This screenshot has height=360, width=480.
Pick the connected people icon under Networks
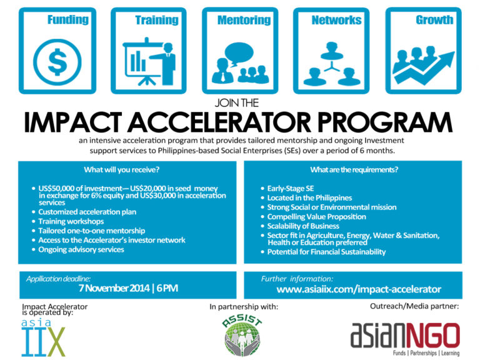336,62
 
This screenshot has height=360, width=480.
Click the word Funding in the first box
67,20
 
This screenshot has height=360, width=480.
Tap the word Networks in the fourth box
336,20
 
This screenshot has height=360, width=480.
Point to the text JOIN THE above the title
240,102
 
